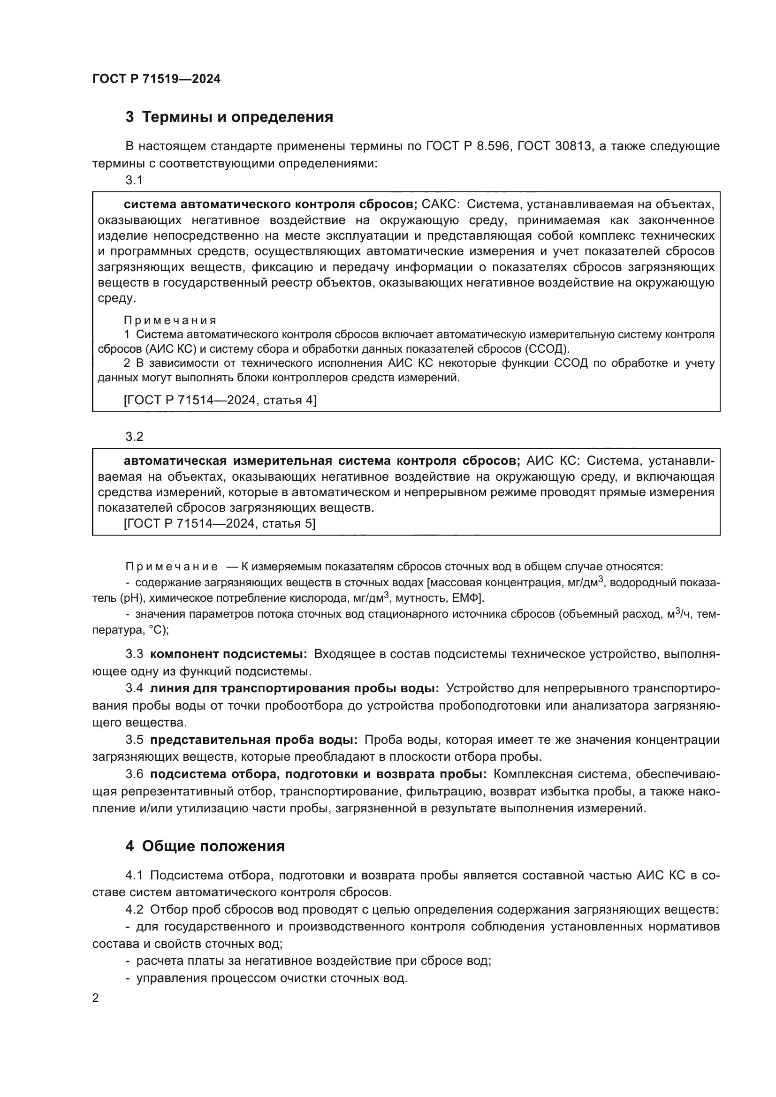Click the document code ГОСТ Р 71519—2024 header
coord(156,79)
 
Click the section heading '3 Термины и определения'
coord(229,117)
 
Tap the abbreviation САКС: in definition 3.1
coord(440,204)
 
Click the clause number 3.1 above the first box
coord(134,180)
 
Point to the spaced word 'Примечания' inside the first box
coord(170,320)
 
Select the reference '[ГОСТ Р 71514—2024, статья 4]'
coord(220,400)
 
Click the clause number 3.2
coord(134,436)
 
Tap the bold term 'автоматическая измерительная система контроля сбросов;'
coord(321,461)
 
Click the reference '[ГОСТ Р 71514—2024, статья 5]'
coord(219,524)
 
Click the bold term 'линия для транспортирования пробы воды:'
coord(294,688)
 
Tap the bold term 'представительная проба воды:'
coord(254,740)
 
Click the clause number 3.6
coord(134,774)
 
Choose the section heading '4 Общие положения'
coord(205,846)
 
